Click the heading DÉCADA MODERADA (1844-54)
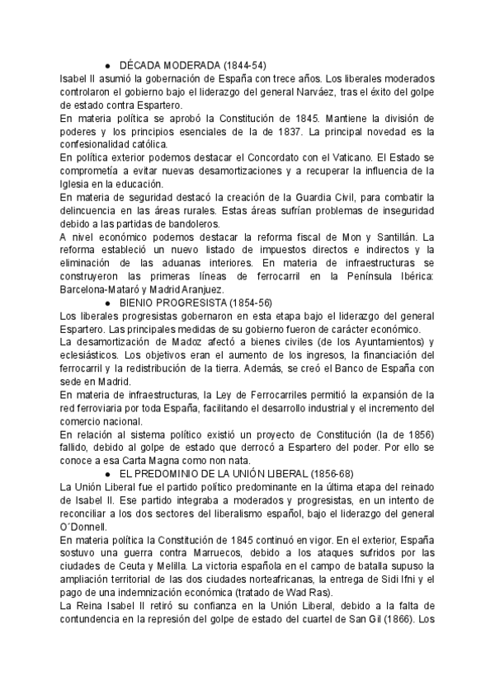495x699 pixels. [x=193, y=65]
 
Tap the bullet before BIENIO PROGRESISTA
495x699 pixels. [x=109, y=303]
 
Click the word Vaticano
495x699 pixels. [x=339, y=157]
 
